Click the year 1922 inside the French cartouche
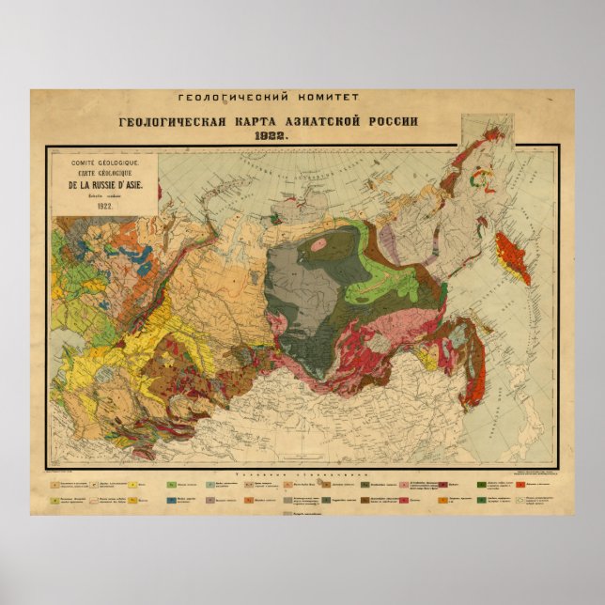[x=98, y=205]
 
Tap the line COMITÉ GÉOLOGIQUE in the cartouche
[x=98, y=163]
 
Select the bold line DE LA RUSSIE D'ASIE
[x=98, y=185]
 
